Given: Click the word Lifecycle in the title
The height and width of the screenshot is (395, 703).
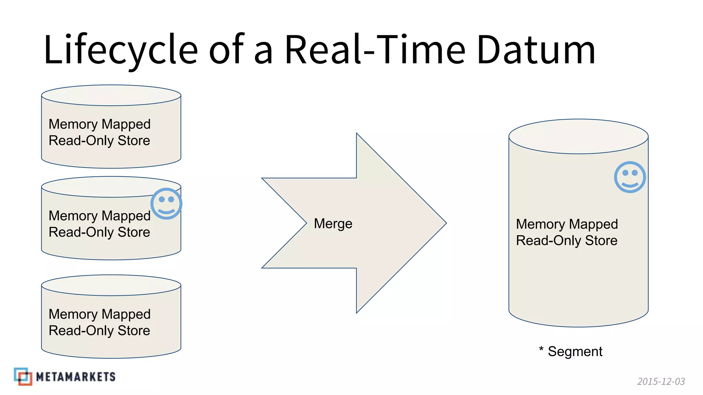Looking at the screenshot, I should (x=120, y=50).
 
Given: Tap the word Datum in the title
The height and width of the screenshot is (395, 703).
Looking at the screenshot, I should (x=535, y=50).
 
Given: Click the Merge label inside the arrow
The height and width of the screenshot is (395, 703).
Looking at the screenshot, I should (x=333, y=224).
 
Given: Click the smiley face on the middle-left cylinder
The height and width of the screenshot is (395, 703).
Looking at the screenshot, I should (x=166, y=204).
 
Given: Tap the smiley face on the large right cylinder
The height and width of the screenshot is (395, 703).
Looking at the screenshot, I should (x=630, y=177).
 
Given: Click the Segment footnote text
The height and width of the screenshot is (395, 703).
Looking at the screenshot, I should (x=575, y=351).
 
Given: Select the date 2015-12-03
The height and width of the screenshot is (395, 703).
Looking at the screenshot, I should (x=661, y=381).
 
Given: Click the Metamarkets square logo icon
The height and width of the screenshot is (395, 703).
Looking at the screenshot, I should (x=23, y=376).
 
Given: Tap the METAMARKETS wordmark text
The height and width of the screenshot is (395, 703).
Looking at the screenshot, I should (x=76, y=377).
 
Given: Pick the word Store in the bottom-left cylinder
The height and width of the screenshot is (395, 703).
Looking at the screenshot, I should (x=134, y=331).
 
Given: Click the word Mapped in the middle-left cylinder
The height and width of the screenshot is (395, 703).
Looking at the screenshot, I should (x=126, y=216).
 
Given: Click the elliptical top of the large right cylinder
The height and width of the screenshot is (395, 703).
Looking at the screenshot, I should (x=578, y=136).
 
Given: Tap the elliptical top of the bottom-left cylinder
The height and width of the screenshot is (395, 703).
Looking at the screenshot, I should (x=111, y=285).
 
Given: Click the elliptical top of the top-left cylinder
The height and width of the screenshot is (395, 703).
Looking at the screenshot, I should (x=111, y=95).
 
